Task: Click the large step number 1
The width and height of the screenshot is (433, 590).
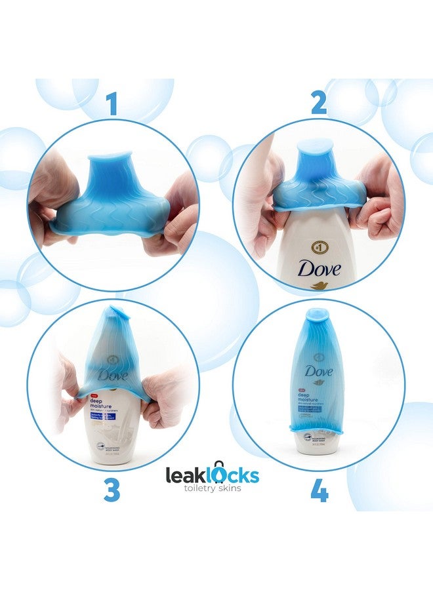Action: point(113,104)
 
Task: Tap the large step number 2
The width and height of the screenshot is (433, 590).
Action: point(319,104)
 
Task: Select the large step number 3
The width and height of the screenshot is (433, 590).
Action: point(112,491)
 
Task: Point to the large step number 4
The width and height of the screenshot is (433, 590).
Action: point(320,491)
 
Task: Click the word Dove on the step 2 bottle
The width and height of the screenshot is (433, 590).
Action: point(319,267)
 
